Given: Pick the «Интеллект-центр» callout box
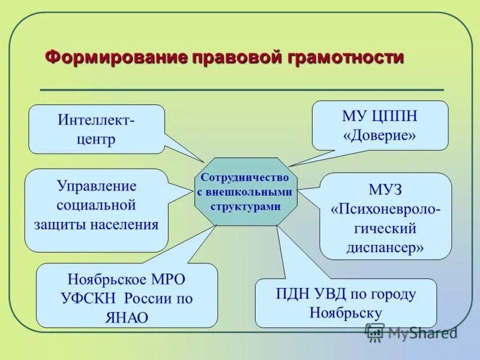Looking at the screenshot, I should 96,129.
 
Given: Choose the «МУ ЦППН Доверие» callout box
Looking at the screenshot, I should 379,125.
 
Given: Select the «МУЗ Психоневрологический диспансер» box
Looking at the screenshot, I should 385,216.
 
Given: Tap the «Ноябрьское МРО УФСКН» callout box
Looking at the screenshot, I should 127,295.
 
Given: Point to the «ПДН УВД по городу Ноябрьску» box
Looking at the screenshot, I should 346,303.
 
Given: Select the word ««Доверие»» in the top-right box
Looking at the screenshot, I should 379,136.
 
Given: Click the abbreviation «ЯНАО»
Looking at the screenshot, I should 127,317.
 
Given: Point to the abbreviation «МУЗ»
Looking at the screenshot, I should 385,190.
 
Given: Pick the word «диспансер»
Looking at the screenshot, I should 385,248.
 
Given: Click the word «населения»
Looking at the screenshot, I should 125,226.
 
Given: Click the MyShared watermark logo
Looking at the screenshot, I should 411,332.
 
